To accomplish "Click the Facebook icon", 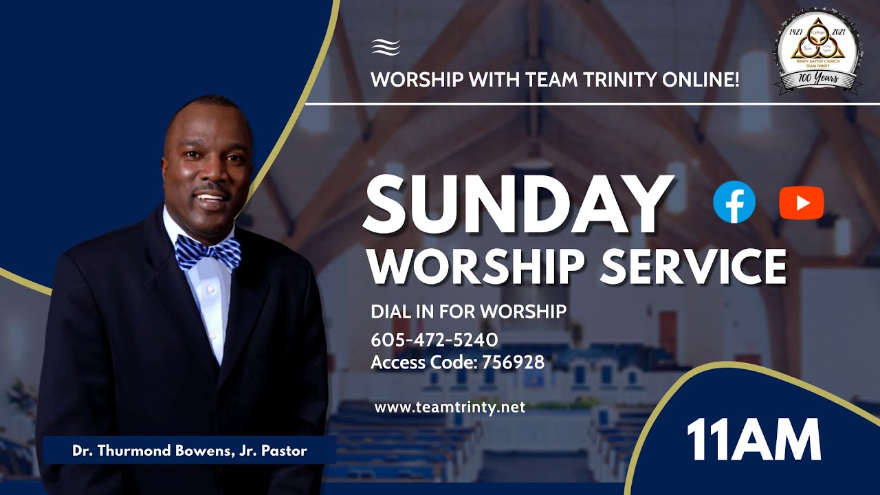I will click(734, 202).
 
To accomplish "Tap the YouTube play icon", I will click(801, 203).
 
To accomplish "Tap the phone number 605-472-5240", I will click(434, 340).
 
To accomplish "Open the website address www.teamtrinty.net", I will click(450, 407).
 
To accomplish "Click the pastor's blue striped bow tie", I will click(208, 252).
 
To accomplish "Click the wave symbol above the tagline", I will click(386, 47).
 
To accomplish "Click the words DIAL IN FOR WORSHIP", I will click(468, 311).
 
